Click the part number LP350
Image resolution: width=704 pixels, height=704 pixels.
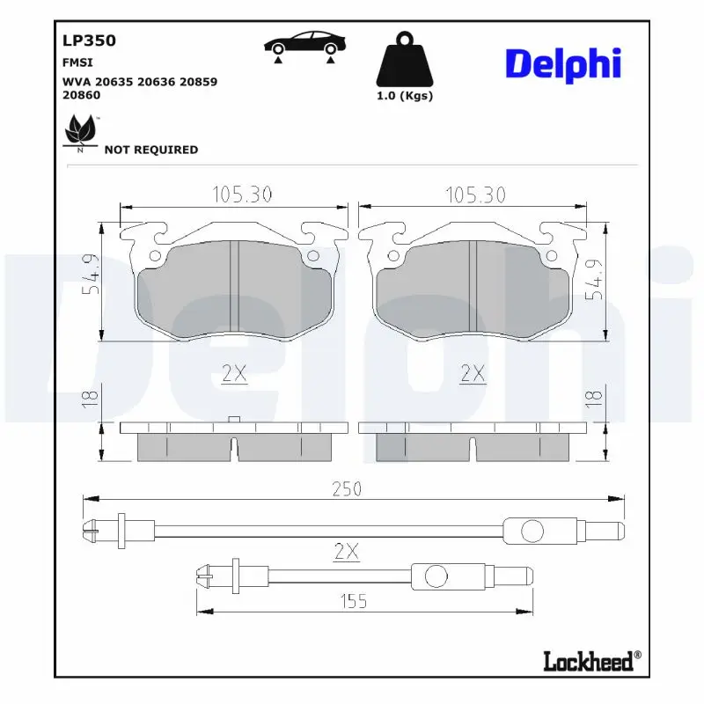pyautogui.click(x=89, y=40)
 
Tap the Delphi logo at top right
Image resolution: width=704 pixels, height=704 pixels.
pyautogui.click(x=563, y=64)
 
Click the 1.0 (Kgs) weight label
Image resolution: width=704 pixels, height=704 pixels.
pyautogui.click(x=404, y=97)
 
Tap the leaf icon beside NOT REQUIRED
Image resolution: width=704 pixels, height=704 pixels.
pyautogui.click(x=80, y=134)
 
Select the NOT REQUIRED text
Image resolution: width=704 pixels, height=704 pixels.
pyautogui.click(x=150, y=150)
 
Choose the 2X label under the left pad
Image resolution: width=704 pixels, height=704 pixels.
pyautogui.click(x=234, y=373)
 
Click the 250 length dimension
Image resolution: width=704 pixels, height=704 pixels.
pyautogui.click(x=347, y=489)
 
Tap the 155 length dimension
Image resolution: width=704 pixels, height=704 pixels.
pyautogui.click(x=353, y=602)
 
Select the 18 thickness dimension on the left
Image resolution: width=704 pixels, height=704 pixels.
pyautogui.click(x=90, y=398)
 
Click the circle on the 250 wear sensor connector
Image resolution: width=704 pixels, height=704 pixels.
pyautogui.click(x=533, y=531)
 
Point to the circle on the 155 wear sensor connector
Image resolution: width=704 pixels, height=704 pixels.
pyautogui.click(x=436, y=576)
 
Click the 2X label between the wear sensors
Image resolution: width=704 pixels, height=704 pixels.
pyautogui.click(x=347, y=553)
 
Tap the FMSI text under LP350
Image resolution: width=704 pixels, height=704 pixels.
pyautogui.click(x=77, y=63)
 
